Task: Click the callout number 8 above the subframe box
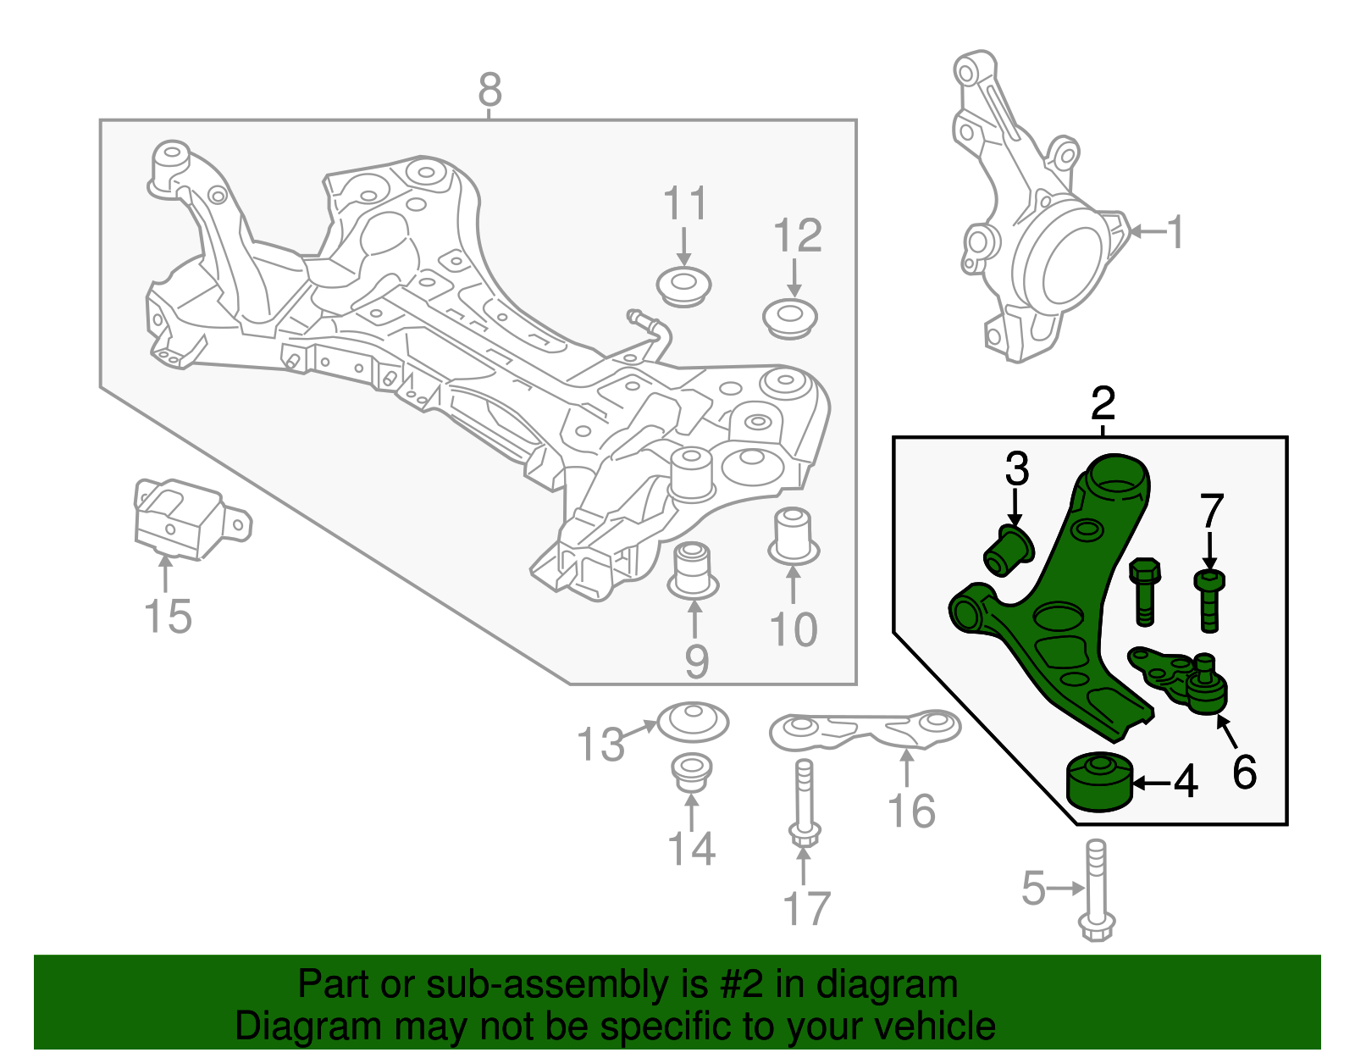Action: [x=489, y=90]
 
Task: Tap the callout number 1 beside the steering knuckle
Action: [x=1175, y=231]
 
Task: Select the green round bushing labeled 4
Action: [x=1098, y=781]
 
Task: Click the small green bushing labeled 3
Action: [x=1008, y=550]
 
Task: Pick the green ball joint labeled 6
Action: [x=1204, y=688]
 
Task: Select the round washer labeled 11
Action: [x=684, y=286]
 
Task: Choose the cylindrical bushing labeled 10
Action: [x=794, y=535]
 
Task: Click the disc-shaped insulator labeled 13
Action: [x=693, y=722]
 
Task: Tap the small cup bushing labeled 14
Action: [x=691, y=771]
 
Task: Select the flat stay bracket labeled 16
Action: [x=864, y=730]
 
